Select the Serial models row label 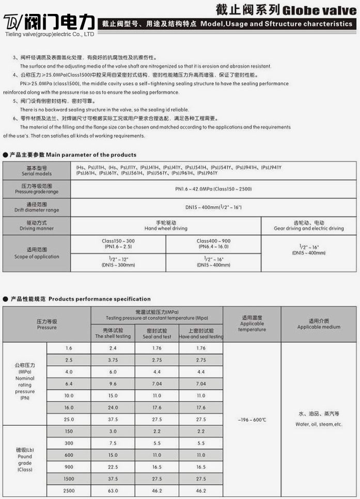coord(36,171)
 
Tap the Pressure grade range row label coord(36,188)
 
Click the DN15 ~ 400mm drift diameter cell coord(213,207)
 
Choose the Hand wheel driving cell coord(166,226)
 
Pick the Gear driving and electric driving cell coord(309,226)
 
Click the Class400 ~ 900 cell coord(213,244)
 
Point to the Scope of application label coord(36,253)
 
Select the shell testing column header coord(113,333)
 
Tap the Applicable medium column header coord(319,324)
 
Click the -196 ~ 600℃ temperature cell coord(252,420)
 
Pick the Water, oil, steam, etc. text coord(319,419)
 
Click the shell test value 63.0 coord(113,490)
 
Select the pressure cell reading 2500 coord(69,490)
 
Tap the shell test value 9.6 coord(113,384)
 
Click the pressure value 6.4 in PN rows coord(69,384)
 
